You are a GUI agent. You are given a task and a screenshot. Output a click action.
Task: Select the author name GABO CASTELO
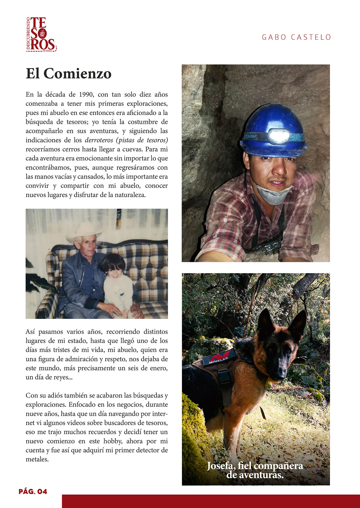tap(296, 38)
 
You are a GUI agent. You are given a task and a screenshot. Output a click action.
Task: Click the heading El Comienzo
tap(68, 74)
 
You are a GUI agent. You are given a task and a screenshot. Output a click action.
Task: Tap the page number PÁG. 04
tap(33, 491)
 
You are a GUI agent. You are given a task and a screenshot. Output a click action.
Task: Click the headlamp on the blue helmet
tap(279, 136)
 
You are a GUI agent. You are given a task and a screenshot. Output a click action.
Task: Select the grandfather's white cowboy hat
tap(84, 232)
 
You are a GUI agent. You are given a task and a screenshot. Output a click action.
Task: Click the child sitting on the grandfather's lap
tap(117, 284)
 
